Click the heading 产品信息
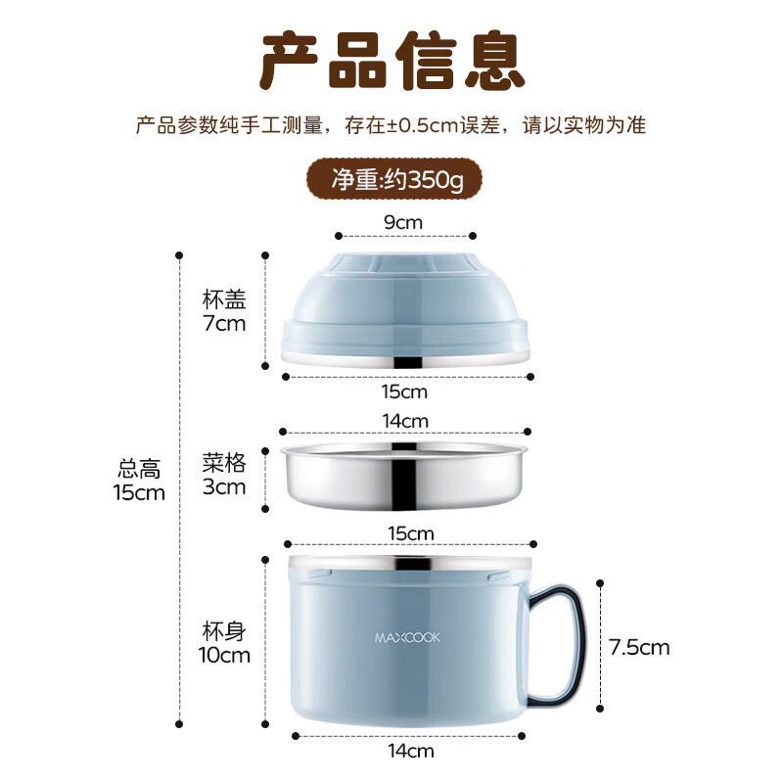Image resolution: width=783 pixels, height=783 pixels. click(x=391, y=61)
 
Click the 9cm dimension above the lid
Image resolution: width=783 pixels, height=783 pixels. click(x=404, y=222)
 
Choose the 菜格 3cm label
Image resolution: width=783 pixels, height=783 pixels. click(x=223, y=474)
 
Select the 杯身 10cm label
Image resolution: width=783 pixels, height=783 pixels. click(x=225, y=642)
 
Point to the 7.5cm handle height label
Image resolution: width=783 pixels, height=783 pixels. click(x=639, y=647)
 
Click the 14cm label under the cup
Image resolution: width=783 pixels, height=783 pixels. click(x=410, y=752)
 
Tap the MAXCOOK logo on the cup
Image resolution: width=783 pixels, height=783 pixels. click(x=408, y=637)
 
